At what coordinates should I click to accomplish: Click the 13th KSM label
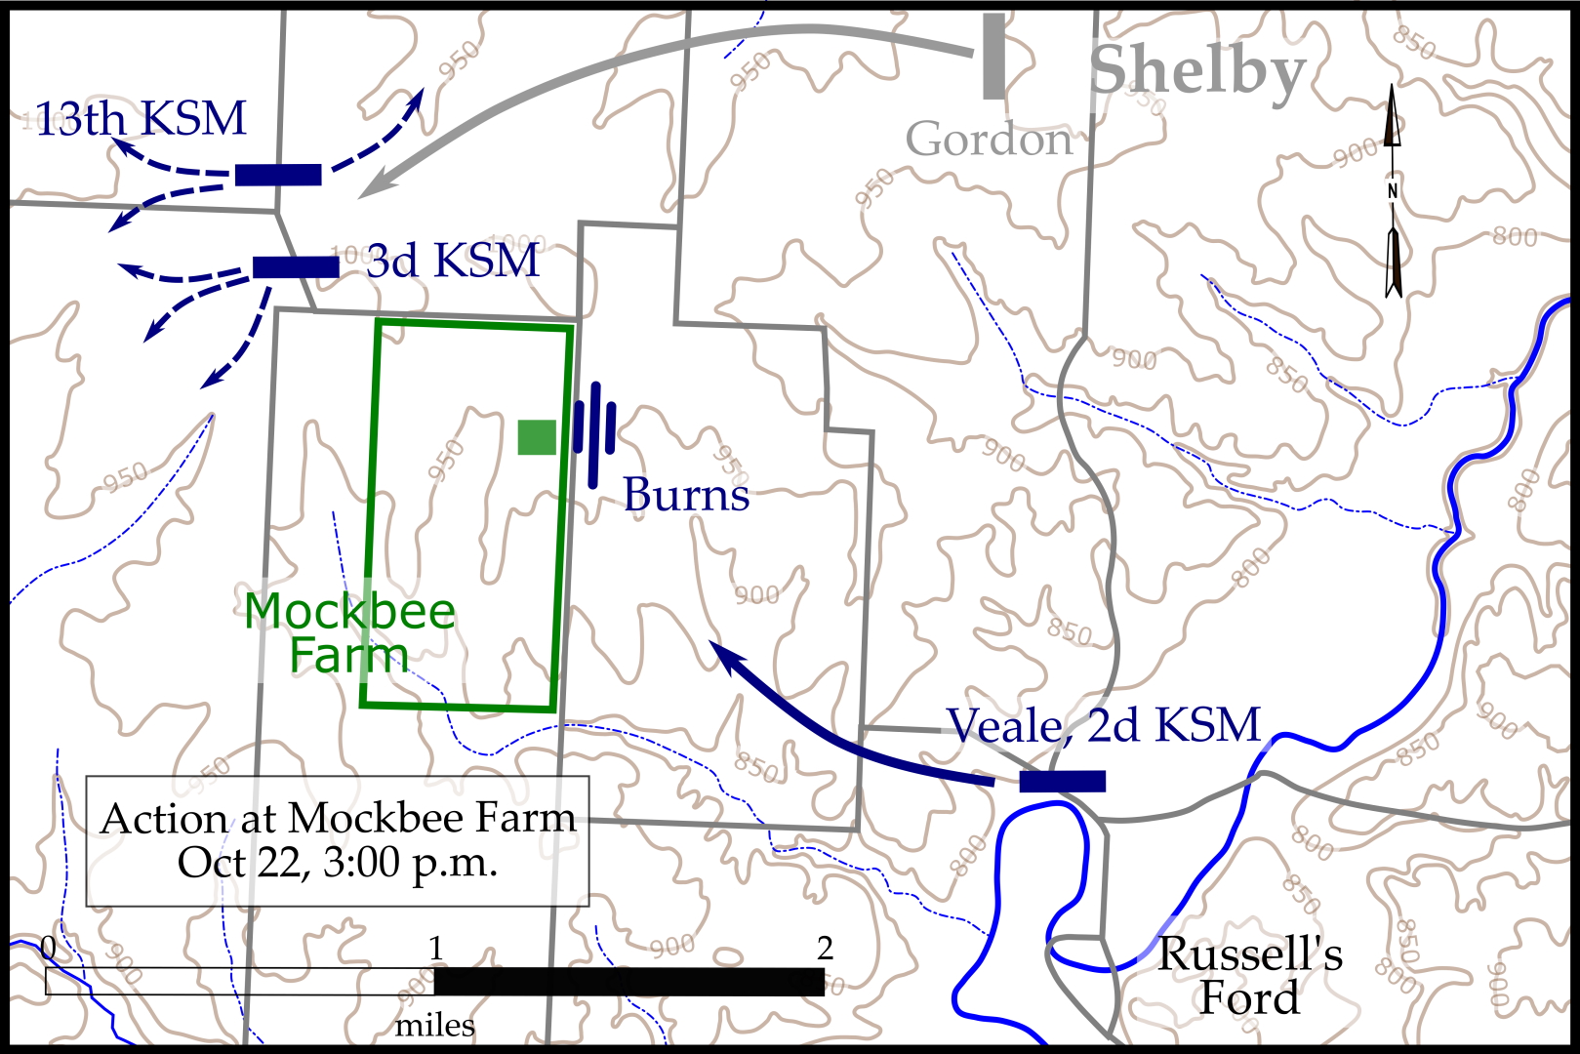coord(141,119)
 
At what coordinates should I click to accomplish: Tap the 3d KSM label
coord(453,262)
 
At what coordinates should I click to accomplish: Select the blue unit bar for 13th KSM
coord(278,175)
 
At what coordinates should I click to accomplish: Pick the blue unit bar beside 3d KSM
coord(296,266)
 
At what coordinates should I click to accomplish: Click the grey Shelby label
coord(1196,71)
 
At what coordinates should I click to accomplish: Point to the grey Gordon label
coord(989,140)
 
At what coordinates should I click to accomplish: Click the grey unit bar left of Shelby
coord(993,57)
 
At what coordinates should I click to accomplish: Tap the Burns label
coord(686,495)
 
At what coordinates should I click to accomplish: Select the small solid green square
coord(537,437)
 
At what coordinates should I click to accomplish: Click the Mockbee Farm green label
coord(349,632)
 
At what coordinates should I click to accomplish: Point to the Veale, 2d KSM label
coord(1104,726)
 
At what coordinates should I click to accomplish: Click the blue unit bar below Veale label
coord(1062,781)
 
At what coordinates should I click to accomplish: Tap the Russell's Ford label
coord(1249,976)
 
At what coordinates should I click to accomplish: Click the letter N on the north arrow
coord(1393,191)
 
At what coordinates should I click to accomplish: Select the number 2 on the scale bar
coord(825,948)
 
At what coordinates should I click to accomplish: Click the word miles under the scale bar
coord(435,1026)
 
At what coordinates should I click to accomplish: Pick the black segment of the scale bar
coord(629,982)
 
